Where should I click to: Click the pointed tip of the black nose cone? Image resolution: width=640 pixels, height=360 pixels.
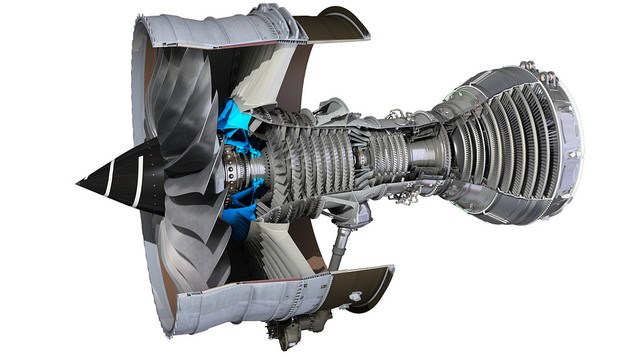coord(79,183)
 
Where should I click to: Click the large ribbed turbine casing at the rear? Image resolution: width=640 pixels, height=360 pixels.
coord(510,140)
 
